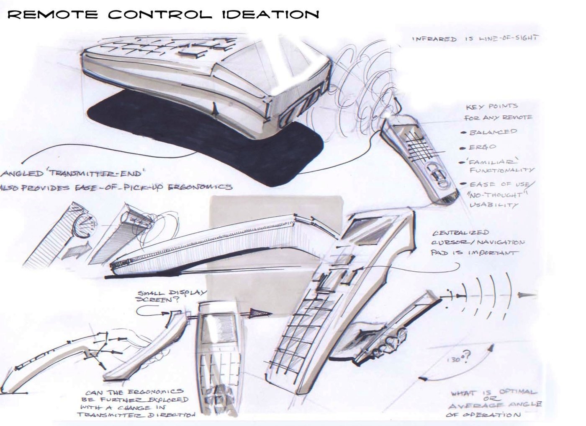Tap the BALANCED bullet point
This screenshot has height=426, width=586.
click(493, 132)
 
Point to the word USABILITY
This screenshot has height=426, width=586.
click(493, 205)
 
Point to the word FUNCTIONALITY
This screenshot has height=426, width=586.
click(502, 170)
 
